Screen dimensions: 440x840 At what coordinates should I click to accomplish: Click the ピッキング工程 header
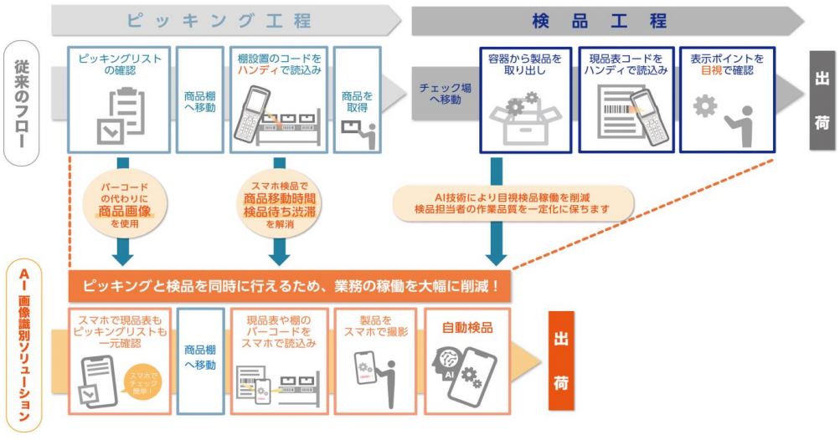(219, 20)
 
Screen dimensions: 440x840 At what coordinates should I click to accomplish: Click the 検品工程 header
(599, 20)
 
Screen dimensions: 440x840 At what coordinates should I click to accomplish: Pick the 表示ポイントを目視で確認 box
(726, 100)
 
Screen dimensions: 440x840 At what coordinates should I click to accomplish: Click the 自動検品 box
(466, 361)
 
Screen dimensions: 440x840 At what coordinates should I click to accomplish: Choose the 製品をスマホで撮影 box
(374, 361)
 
